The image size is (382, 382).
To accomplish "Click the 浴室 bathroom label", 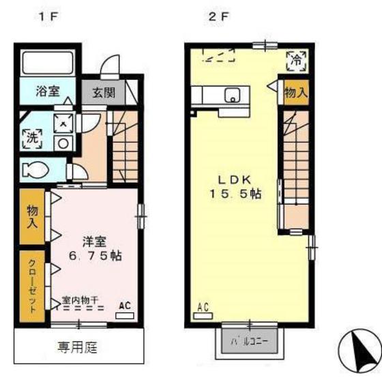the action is (x=48, y=91).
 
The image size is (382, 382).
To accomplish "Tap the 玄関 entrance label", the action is (x=104, y=92).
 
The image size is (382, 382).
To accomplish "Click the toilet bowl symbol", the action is (x=35, y=169).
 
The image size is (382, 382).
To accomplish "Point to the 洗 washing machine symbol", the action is (x=33, y=138).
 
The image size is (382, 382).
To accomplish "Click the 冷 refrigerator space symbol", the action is (x=296, y=61).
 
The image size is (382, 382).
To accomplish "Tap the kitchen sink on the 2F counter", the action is (x=233, y=95).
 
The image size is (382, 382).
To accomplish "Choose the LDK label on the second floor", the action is (x=234, y=180).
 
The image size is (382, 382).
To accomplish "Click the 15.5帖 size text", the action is (x=235, y=194).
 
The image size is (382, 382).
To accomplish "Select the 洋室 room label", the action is (x=95, y=241).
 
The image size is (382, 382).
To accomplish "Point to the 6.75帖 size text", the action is (x=95, y=256).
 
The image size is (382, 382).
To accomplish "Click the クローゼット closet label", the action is (x=33, y=286).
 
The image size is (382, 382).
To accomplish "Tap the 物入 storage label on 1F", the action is (x=33, y=217).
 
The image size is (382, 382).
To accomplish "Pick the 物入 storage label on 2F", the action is (x=296, y=93).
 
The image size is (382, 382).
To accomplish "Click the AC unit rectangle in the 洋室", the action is (x=125, y=316).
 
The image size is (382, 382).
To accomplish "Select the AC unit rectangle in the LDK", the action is (x=203, y=316).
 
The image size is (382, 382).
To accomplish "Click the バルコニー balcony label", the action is (x=250, y=342).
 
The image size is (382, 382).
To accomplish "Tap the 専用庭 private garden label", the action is (x=78, y=347).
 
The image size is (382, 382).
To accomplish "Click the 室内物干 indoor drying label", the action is (x=80, y=300).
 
